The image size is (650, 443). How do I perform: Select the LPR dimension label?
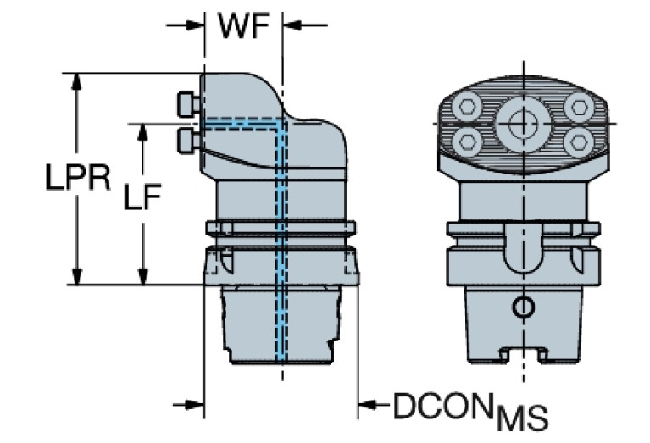[77, 179]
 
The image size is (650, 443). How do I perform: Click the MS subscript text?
[522, 418]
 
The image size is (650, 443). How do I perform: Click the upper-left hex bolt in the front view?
[464, 107]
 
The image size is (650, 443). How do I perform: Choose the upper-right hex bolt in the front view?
[579, 107]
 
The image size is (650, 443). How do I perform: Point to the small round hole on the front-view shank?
[524, 306]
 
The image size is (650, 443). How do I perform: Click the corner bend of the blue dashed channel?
[282, 124]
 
